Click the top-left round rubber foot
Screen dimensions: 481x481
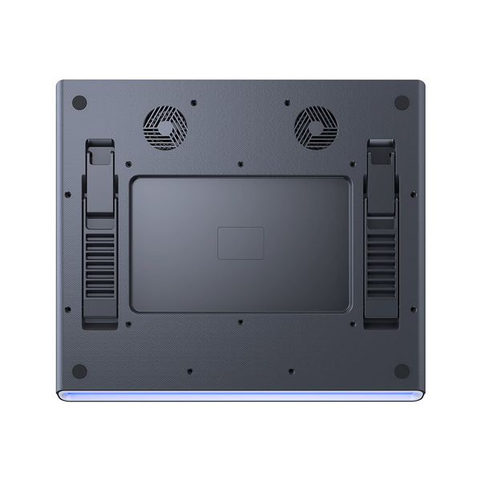coord(79,103)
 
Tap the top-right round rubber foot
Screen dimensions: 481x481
coord(402,103)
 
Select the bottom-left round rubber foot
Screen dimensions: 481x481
coord(79,371)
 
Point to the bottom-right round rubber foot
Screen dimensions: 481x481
coord(402,371)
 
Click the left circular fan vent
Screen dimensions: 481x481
coord(165,128)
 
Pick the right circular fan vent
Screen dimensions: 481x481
coord(316,128)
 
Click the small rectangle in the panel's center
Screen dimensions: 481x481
coord(240,243)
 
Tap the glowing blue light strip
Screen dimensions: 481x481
coord(240,395)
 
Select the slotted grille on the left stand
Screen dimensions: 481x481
coord(101,263)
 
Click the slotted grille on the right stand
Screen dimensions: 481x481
coord(381,263)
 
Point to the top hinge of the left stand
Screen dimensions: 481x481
coord(100,152)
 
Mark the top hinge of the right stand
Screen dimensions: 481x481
coord(381,152)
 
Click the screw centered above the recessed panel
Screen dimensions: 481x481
coord(240,164)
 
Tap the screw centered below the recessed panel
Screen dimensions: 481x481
coord(240,322)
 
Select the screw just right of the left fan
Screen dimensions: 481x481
coord(194,103)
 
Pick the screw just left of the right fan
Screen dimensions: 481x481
coord(287,103)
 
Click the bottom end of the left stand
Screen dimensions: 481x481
coord(101,321)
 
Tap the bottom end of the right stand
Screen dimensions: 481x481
coord(381,321)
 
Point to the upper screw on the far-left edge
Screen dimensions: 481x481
coord(68,193)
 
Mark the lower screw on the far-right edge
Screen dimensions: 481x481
coord(413,309)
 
